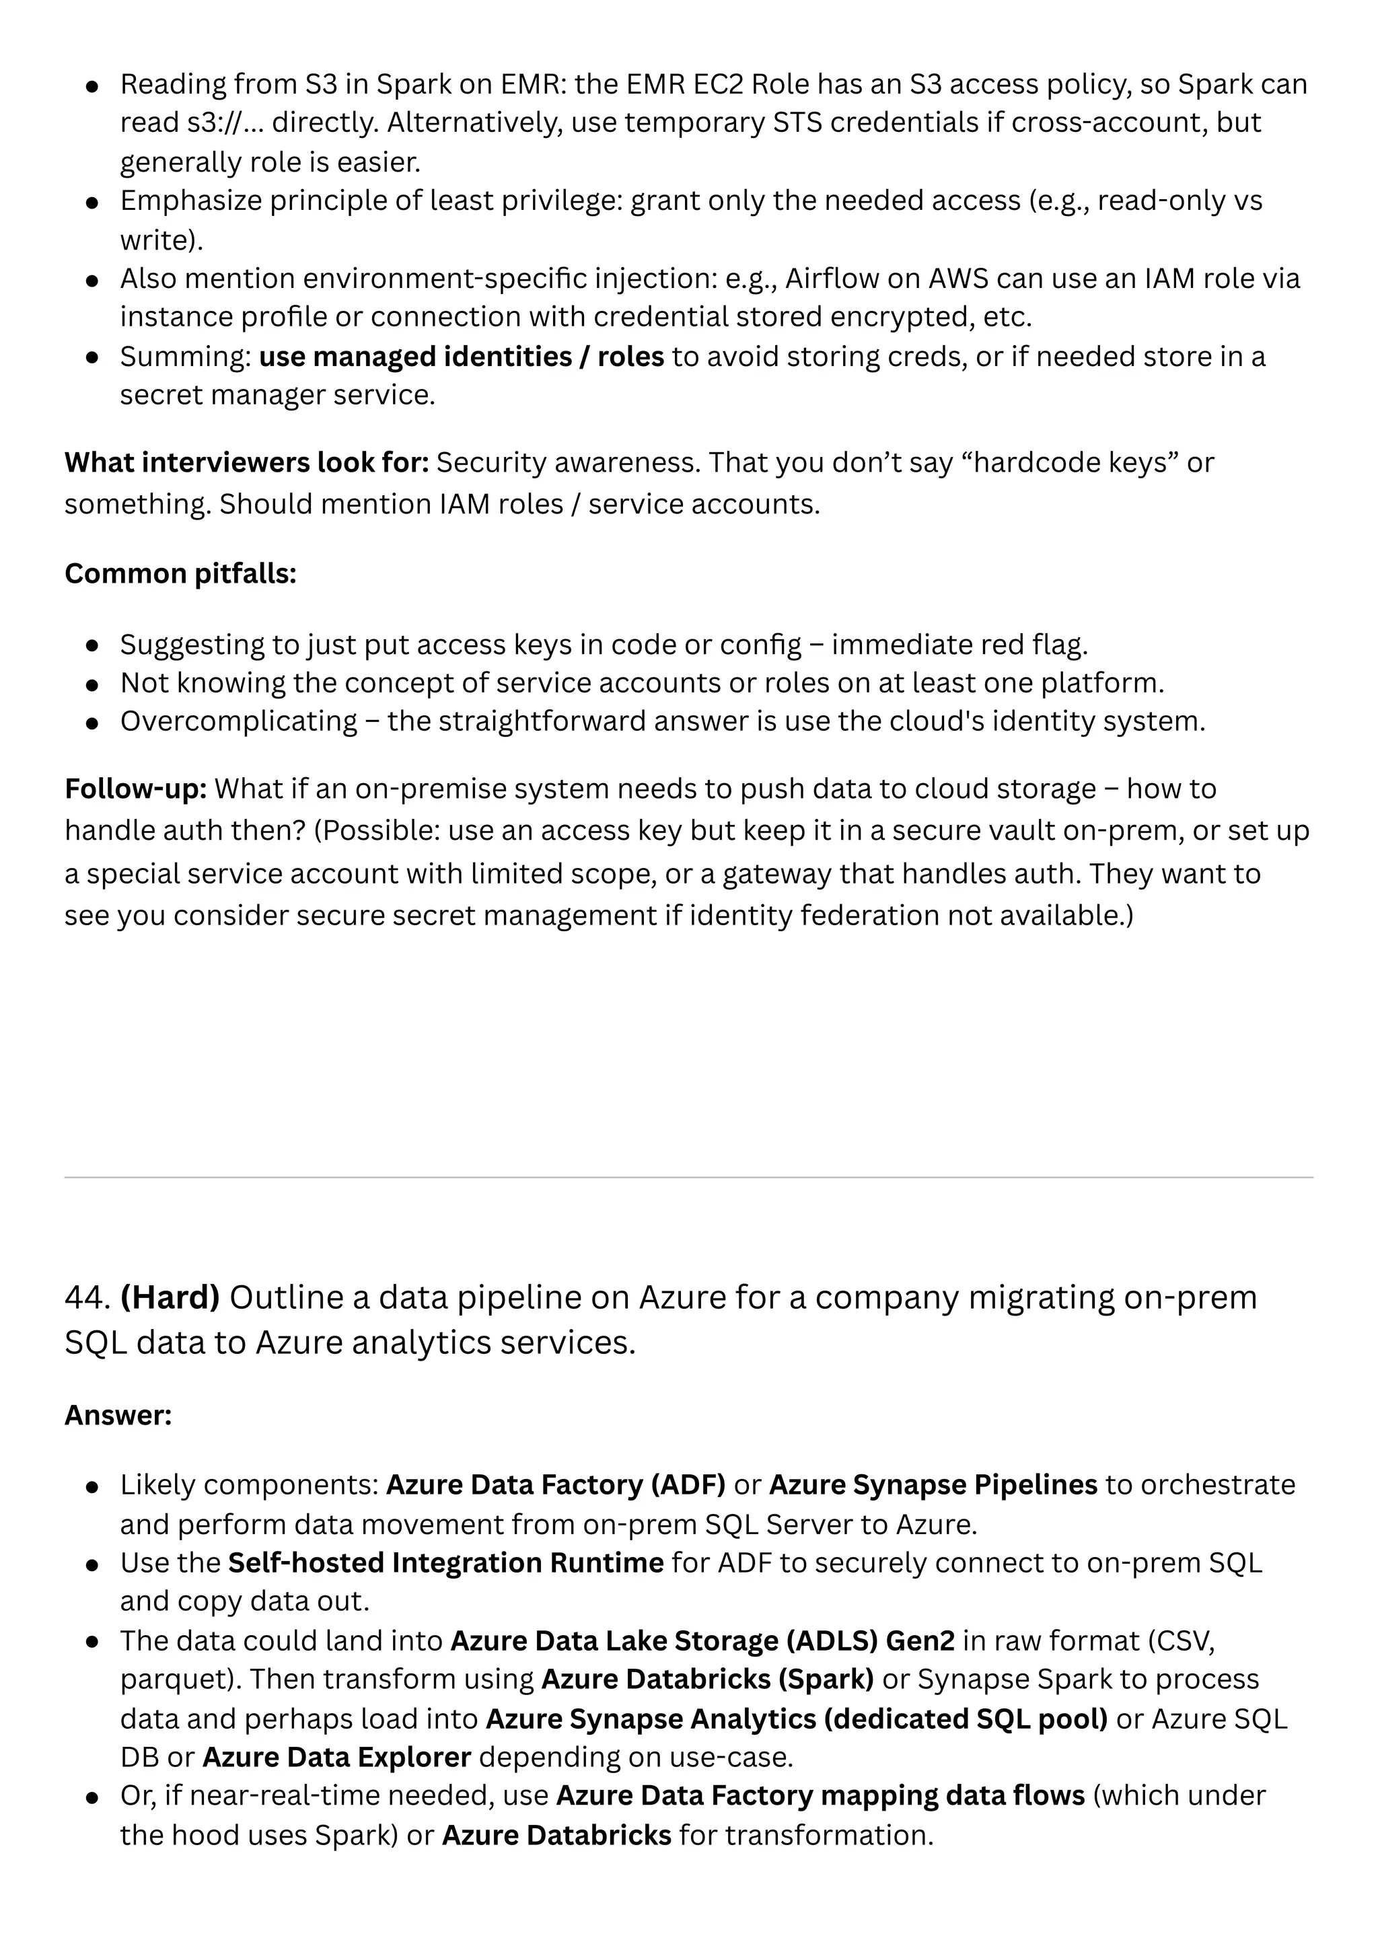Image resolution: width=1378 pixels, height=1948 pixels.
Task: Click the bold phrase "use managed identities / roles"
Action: point(461,357)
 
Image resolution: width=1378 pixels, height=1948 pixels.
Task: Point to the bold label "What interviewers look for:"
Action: point(246,462)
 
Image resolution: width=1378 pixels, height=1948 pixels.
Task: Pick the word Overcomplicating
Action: point(238,721)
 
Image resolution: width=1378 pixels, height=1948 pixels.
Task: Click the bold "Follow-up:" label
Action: point(136,789)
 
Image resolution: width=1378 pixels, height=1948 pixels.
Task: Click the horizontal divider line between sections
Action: point(688,1178)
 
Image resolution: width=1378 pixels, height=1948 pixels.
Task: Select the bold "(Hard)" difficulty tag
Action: point(170,1298)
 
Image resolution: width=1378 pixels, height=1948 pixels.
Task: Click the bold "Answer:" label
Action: point(118,1415)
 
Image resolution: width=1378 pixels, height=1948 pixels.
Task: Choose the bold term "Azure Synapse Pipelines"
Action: point(933,1485)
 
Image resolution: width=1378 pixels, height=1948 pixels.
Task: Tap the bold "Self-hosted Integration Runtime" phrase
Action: point(446,1563)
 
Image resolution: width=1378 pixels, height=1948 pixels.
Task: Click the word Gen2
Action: point(920,1641)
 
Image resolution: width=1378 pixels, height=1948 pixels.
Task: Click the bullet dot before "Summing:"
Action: point(94,358)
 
